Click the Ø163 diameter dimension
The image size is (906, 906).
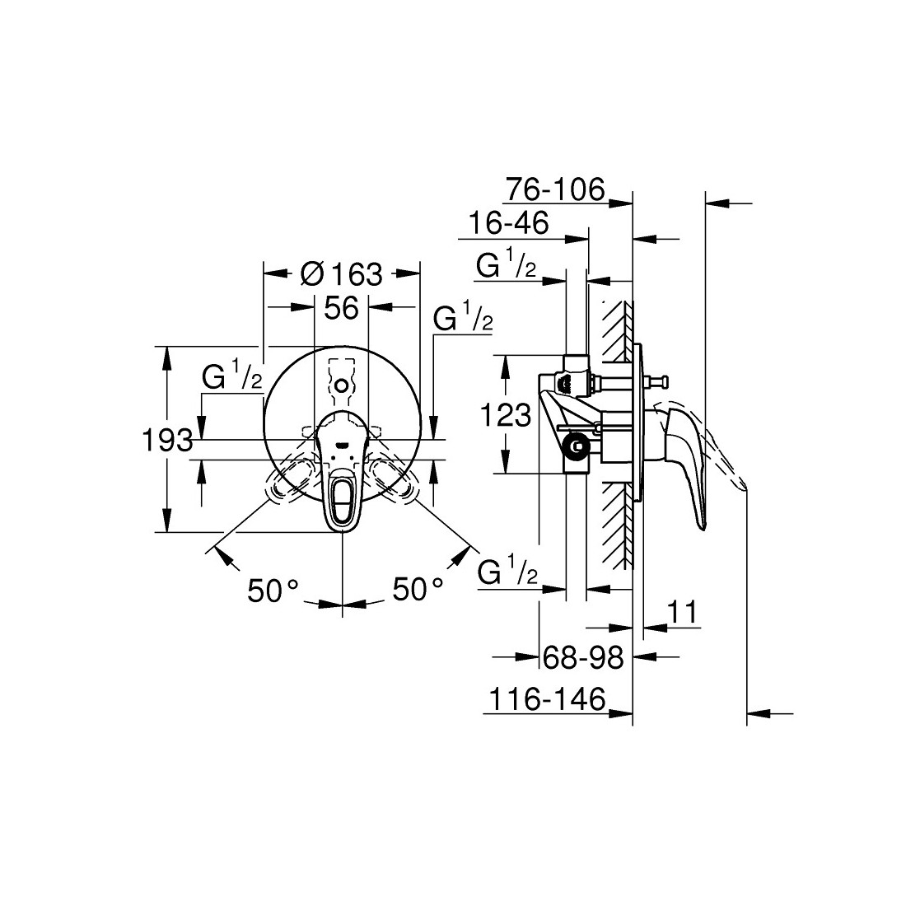[x=342, y=273]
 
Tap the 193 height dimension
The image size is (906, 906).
[x=167, y=441]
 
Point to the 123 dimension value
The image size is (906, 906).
[x=506, y=415]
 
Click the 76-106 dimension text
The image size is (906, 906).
[x=554, y=189]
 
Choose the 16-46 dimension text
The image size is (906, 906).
[x=508, y=223]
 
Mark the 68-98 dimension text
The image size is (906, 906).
[x=584, y=657]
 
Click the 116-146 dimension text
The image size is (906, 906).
[x=547, y=699]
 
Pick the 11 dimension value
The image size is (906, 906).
[x=683, y=612]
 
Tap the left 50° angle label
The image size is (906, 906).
[x=273, y=590]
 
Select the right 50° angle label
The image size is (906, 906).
[x=418, y=589]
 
